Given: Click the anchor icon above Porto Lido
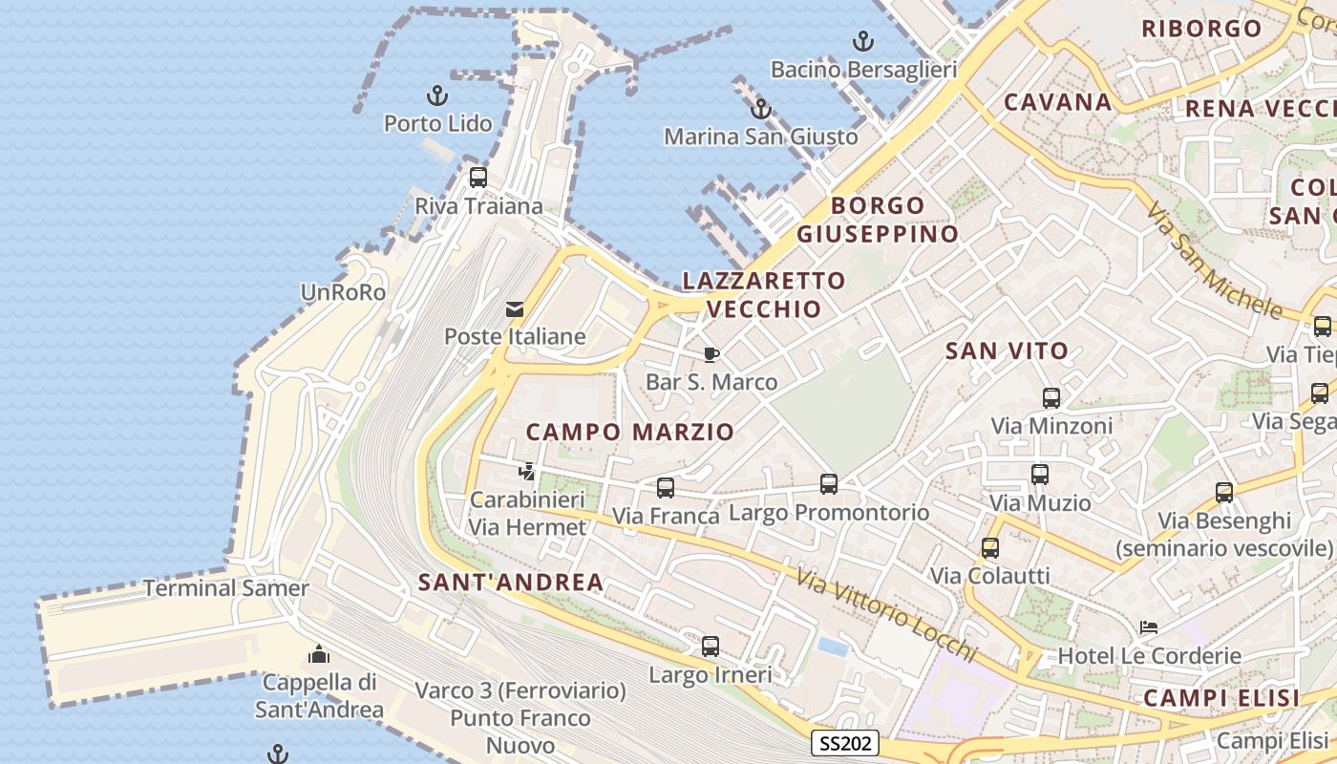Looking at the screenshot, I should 437,95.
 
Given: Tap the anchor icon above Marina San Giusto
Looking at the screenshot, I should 761,109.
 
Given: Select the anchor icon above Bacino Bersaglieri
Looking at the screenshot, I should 862,41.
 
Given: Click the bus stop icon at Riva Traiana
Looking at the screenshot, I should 478,178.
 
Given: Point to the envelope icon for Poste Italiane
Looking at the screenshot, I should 515,308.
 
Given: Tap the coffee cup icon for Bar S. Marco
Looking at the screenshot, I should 711,355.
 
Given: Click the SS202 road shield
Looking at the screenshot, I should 845,744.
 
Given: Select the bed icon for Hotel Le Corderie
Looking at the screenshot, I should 1149,627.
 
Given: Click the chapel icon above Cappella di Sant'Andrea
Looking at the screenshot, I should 319,654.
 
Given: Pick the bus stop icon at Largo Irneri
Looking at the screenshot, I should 710,647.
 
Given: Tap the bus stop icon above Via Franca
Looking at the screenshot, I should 666,488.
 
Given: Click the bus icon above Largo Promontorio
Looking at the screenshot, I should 829,484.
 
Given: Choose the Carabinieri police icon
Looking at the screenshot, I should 526,471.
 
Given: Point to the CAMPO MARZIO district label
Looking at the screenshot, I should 630,432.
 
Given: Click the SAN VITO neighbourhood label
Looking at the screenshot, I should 1007,350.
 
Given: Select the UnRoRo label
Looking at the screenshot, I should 344,292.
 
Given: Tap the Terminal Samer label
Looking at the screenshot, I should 226,588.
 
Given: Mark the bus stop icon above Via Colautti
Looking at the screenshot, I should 990,548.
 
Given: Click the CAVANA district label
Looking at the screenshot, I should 1058,102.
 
